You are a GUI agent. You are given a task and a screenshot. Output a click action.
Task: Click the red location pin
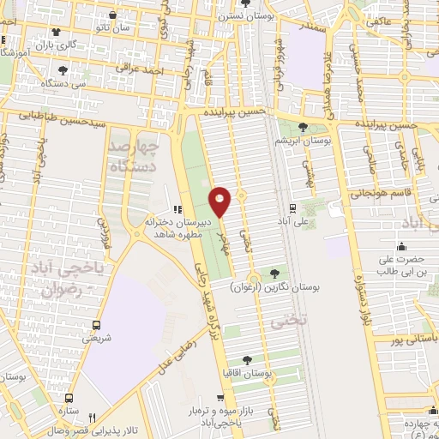(x=221, y=202)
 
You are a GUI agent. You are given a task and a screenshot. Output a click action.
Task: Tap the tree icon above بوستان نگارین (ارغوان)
(x=274, y=274)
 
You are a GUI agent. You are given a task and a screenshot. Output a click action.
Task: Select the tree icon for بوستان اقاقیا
(x=248, y=361)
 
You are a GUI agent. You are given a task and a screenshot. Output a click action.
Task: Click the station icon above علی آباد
(x=293, y=207)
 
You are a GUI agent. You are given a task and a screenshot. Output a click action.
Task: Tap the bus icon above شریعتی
(x=96, y=325)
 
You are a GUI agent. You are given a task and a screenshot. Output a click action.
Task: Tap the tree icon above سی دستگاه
(x=63, y=71)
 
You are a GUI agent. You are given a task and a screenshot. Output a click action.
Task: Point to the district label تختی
(x=281, y=322)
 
